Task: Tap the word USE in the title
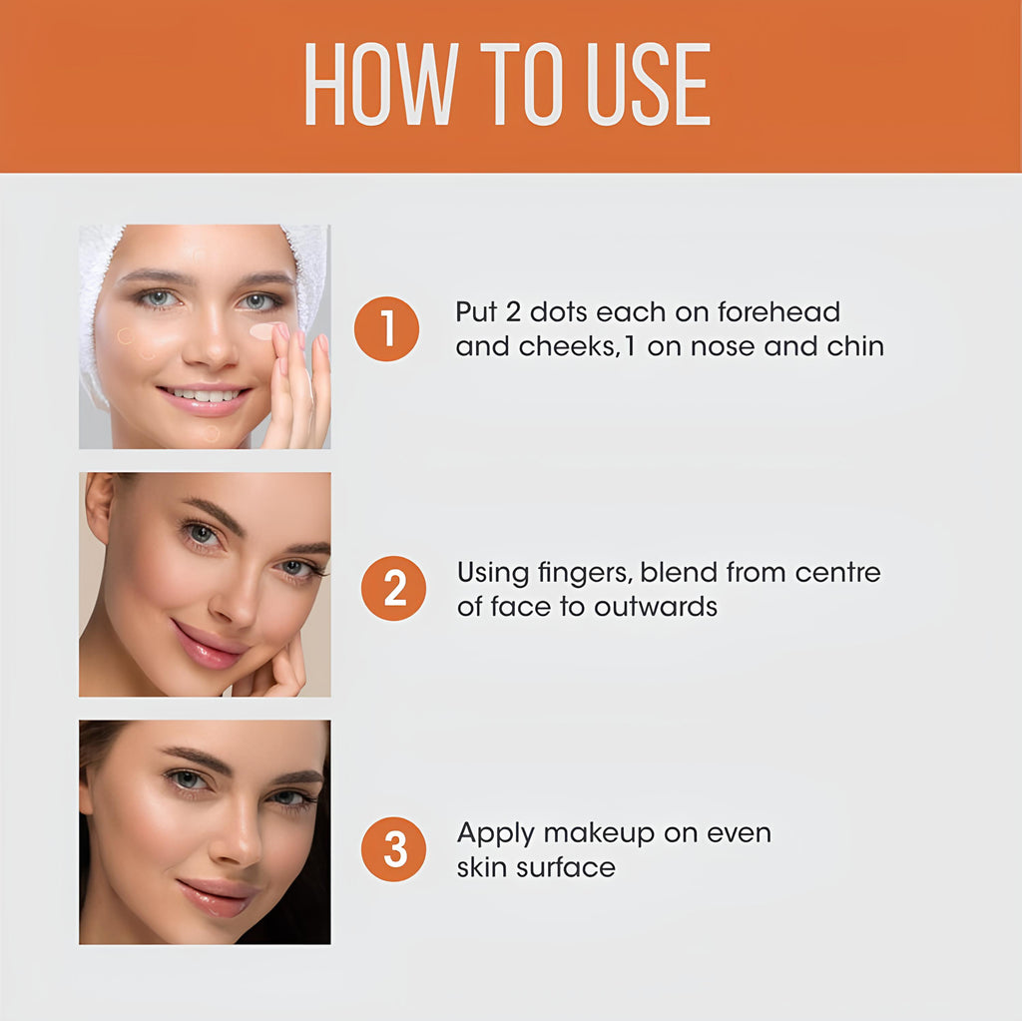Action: pyautogui.click(x=648, y=85)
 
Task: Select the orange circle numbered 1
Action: pyautogui.click(x=387, y=329)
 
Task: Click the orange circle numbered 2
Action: pyautogui.click(x=393, y=588)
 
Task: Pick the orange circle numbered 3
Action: pyautogui.click(x=393, y=849)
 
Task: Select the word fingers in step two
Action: pyautogui.click(x=580, y=574)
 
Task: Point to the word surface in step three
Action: pyautogui.click(x=573, y=867)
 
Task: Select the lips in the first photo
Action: pyautogui.click(x=206, y=398)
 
